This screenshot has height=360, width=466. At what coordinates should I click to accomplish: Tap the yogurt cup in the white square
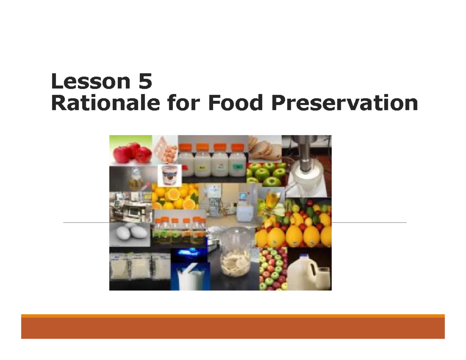pos(170,175)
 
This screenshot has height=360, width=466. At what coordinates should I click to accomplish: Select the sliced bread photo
pos(264,149)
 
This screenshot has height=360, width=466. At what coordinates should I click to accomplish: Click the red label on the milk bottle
pos(186,166)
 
